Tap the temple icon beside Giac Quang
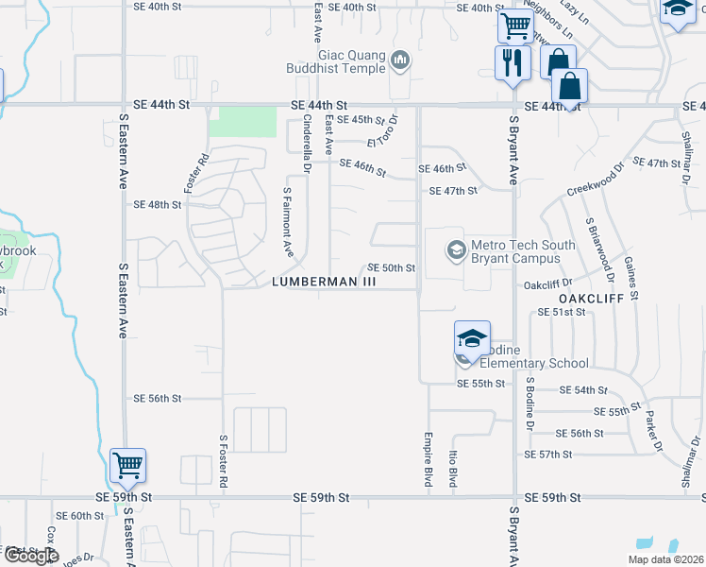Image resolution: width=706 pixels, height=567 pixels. (401, 61)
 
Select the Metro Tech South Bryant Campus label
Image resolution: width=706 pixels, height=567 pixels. (523, 251)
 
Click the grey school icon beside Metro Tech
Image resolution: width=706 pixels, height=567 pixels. (456, 250)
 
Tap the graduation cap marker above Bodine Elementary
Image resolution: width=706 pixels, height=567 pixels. (472, 338)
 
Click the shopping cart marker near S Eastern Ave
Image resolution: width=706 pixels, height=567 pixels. (127, 465)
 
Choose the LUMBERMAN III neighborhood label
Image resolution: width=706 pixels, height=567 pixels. (324, 282)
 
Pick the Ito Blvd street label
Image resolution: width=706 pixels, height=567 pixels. (453, 468)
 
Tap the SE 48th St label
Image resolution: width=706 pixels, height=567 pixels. (157, 204)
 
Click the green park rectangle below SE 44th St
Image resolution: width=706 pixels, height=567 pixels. (243, 123)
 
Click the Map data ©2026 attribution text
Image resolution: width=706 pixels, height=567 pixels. (664, 559)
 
